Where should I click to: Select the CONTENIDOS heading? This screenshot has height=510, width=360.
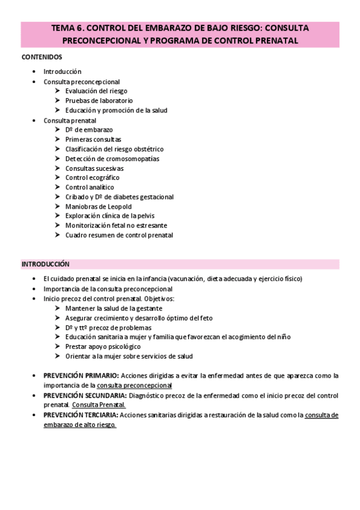point(41,57)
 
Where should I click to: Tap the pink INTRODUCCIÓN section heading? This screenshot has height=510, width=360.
point(46,264)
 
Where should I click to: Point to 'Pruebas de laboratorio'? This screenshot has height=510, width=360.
point(99,100)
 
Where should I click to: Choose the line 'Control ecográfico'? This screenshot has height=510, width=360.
point(92,177)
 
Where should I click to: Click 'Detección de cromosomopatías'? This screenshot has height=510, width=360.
point(112,158)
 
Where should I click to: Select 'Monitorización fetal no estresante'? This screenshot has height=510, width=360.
point(117,226)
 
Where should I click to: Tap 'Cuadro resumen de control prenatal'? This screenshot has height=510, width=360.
point(119,235)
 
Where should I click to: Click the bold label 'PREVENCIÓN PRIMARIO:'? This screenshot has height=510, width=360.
point(81,375)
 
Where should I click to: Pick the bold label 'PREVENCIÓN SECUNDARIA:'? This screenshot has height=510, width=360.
point(85,395)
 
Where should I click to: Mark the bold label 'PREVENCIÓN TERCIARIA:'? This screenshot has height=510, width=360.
point(81,415)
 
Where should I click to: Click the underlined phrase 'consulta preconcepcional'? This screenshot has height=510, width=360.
point(135,385)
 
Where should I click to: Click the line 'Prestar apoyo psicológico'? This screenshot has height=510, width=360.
point(103,346)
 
